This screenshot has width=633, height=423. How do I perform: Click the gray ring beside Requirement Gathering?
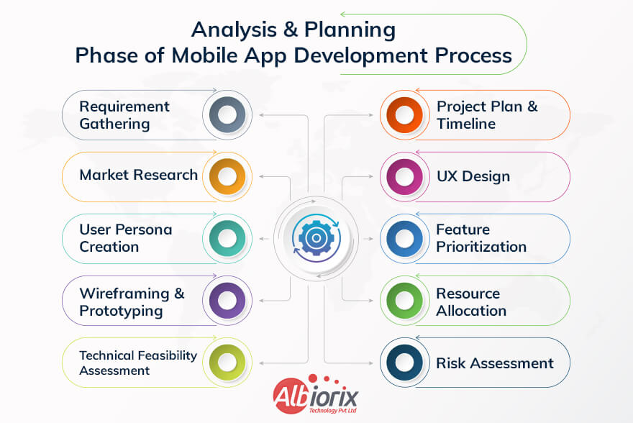click(x=227, y=115)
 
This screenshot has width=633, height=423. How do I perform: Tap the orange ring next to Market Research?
click(x=227, y=176)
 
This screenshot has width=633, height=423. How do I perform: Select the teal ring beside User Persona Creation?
click(x=227, y=237)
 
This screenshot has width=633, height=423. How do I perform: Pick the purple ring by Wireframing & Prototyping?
click(x=227, y=299)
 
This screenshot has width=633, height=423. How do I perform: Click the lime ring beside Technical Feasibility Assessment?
click(x=227, y=362)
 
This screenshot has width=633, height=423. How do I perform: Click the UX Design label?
click(x=473, y=176)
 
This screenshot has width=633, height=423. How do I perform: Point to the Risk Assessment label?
click(x=494, y=363)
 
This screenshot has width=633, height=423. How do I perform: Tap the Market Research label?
click(x=138, y=175)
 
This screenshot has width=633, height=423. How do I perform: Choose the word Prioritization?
click(x=481, y=247)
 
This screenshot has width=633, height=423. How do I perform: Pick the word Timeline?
click(x=465, y=124)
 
